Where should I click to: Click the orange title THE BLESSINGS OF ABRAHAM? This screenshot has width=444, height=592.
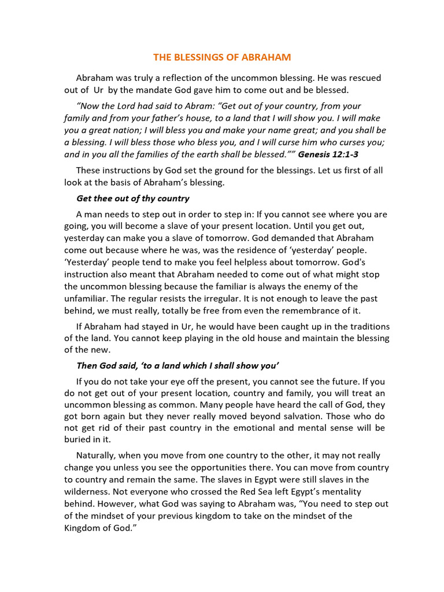(x=222, y=57)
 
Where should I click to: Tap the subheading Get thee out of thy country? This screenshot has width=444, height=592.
(x=133, y=198)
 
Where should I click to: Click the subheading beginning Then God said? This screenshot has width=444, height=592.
(x=174, y=365)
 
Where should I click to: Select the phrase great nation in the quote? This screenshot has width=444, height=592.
(x=102, y=130)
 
